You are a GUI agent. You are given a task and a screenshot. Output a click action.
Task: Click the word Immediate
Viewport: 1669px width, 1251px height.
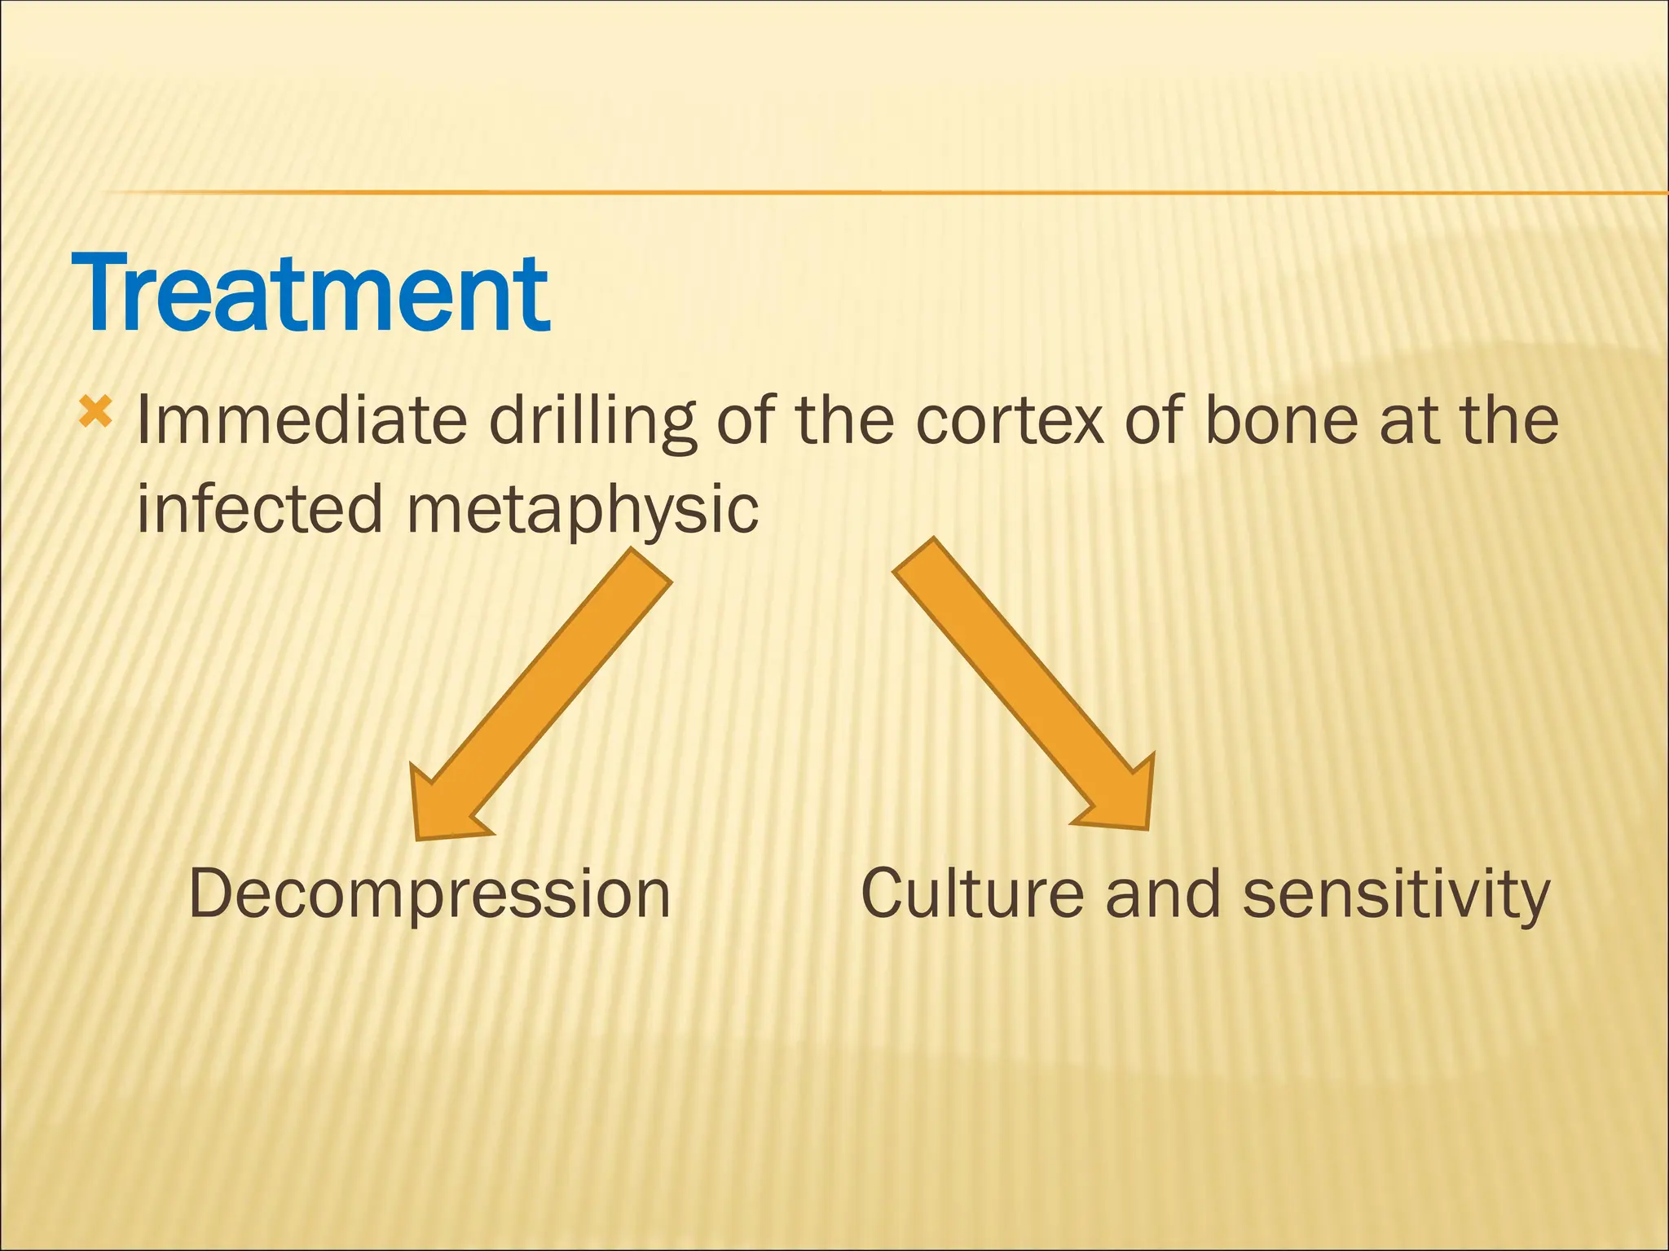click(x=301, y=420)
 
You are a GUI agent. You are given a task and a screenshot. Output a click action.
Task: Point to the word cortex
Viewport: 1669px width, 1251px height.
click(x=1010, y=420)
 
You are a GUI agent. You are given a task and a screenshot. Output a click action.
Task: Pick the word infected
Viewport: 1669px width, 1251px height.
click(x=259, y=508)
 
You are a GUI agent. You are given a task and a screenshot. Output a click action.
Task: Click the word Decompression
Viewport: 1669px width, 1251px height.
click(x=429, y=894)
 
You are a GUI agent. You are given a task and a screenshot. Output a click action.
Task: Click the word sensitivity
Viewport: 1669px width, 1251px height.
click(x=1395, y=894)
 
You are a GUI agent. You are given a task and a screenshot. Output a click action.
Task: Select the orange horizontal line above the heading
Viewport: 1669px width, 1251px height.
click(x=815, y=192)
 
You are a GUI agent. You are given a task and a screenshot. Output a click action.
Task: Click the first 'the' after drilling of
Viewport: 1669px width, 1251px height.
click(x=843, y=420)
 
